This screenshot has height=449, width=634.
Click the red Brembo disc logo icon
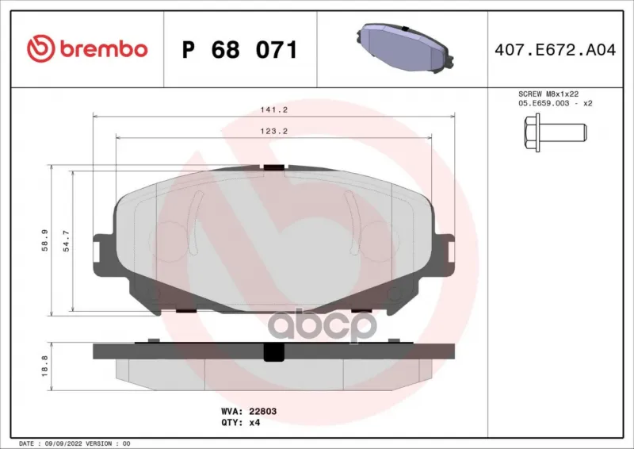coord(41,48)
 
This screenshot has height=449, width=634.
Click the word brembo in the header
coord(104,48)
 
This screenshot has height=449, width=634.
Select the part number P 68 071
coord(240,50)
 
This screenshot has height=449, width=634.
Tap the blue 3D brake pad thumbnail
coord(404,48)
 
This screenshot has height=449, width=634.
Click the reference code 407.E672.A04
coord(556,50)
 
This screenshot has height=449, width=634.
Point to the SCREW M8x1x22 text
coord(548,94)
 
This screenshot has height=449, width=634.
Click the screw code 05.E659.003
coord(544,103)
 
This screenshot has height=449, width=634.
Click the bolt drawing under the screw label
coord(556,132)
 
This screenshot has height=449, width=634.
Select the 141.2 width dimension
coord(273,109)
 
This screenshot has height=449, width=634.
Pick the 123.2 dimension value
coord(273,131)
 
